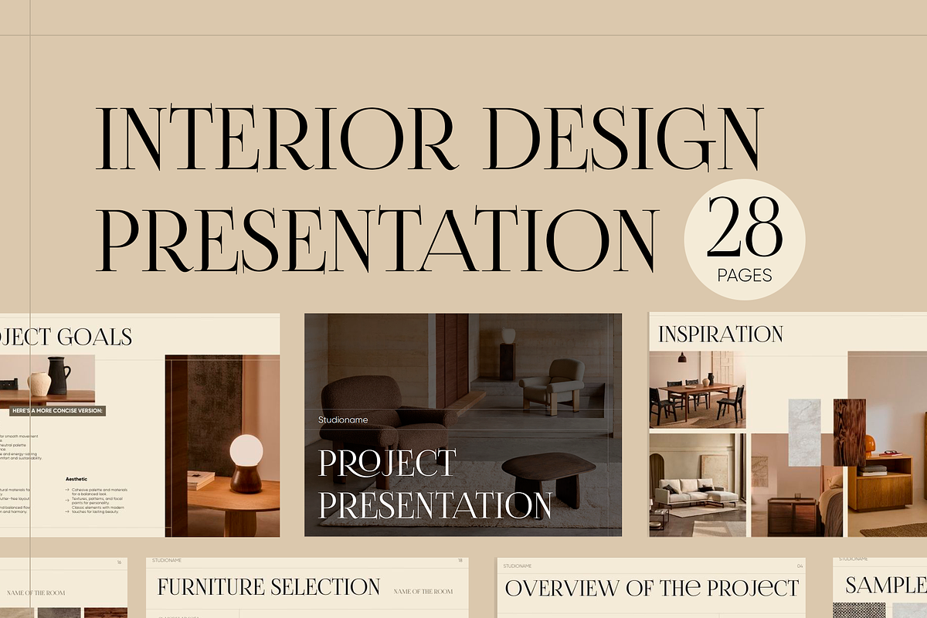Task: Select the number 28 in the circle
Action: tap(744, 226)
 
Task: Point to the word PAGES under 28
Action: tap(744, 274)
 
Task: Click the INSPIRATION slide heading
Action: tap(720, 334)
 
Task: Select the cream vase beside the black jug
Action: tap(39, 383)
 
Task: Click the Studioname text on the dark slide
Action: tap(343, 419)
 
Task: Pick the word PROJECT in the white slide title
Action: tap(387, 463)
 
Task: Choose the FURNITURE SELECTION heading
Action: tap(268, 587)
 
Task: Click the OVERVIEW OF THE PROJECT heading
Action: tap(651, 588)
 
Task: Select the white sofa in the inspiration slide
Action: tap(691, 491)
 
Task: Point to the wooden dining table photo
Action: tap(698, 390)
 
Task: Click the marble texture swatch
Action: tap(804, 432)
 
